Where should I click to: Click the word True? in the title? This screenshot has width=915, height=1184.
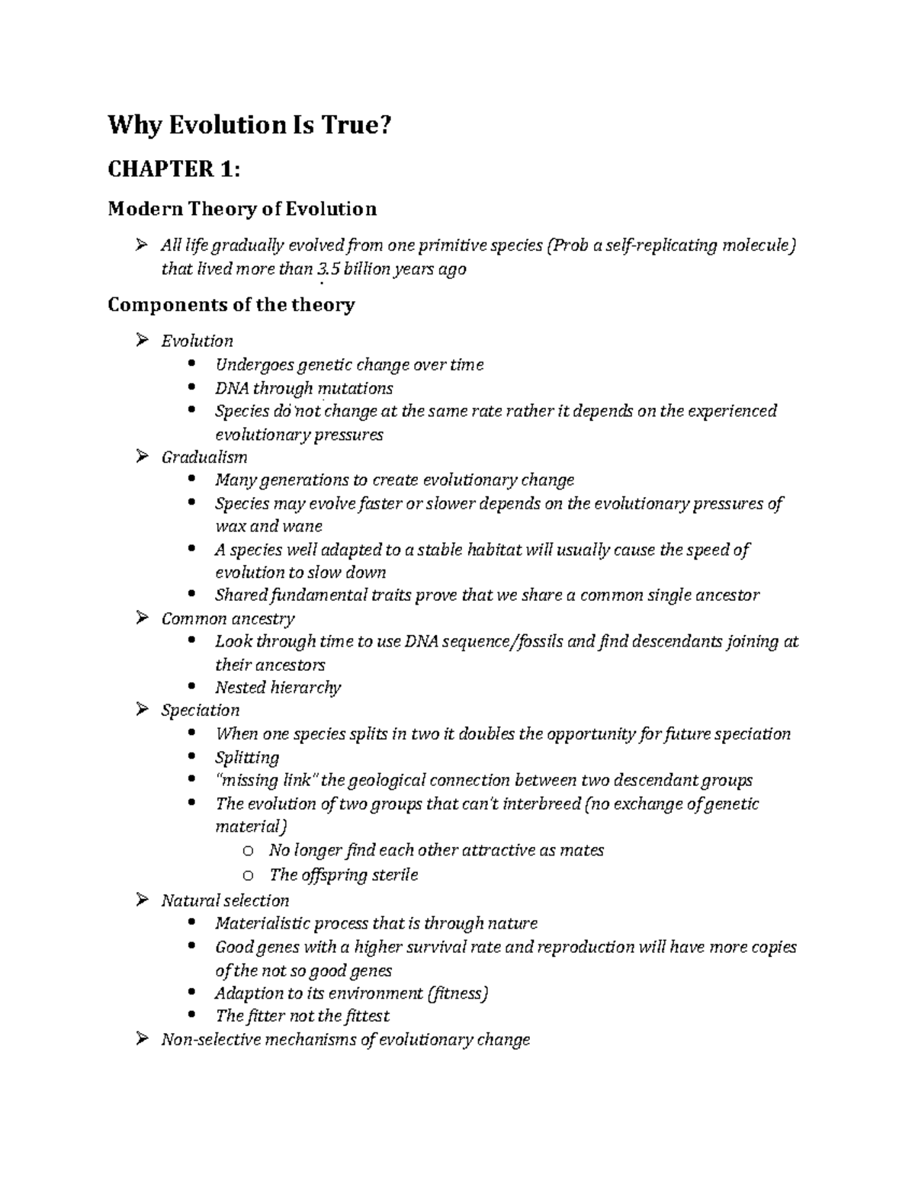(x=348, y=124)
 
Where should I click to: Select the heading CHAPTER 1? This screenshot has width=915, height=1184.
(x=174, y=168)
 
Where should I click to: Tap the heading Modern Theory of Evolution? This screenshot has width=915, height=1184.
(x=242, y=208)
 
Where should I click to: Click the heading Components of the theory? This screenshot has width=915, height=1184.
(x=231, y=305)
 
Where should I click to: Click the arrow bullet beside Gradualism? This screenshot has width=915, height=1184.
(x=141, y=457)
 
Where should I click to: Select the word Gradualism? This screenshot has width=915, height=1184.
(x=204, y=457)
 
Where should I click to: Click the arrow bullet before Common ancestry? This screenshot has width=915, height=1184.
(x=141, y=618)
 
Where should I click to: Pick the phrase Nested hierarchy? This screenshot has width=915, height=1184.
(x=278, y=688)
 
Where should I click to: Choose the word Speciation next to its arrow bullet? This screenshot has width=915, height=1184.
(x=201, y=711)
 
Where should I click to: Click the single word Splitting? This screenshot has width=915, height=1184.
(x=247, y=758)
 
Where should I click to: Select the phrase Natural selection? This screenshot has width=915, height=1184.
(x=225, y=900)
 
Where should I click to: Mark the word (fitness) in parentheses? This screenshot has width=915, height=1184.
(x=457, y=993)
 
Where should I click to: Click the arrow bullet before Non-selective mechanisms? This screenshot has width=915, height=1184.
(x=141, y=1039)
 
